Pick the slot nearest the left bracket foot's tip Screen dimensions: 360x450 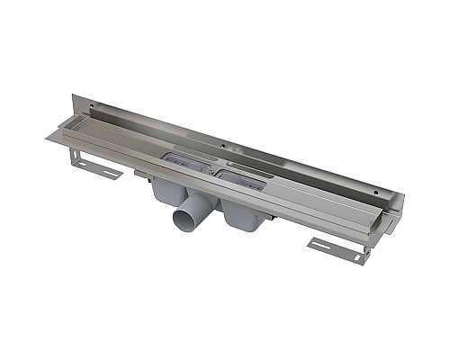[x=109, y=172]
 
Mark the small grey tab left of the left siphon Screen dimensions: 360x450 [x=139, y=175]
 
